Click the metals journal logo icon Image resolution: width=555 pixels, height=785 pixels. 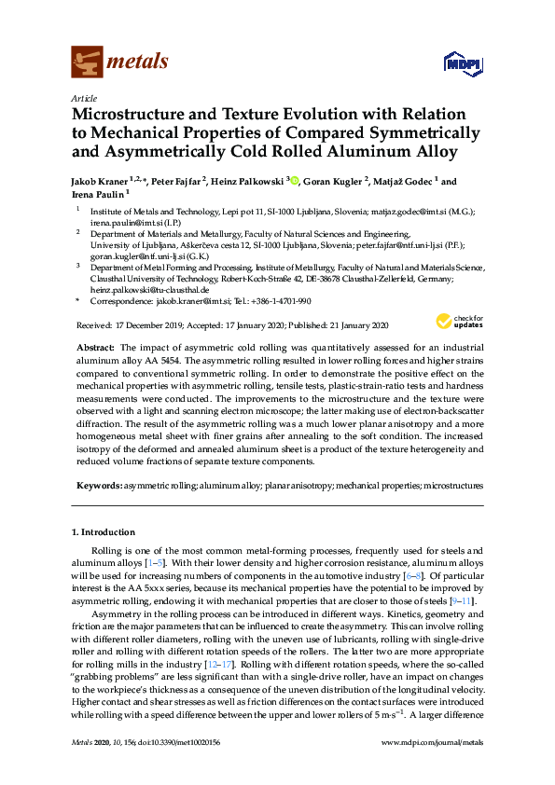point(87,62)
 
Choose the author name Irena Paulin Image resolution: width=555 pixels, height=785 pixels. point(99,194)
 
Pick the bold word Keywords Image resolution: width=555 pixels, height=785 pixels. point(97,486)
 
